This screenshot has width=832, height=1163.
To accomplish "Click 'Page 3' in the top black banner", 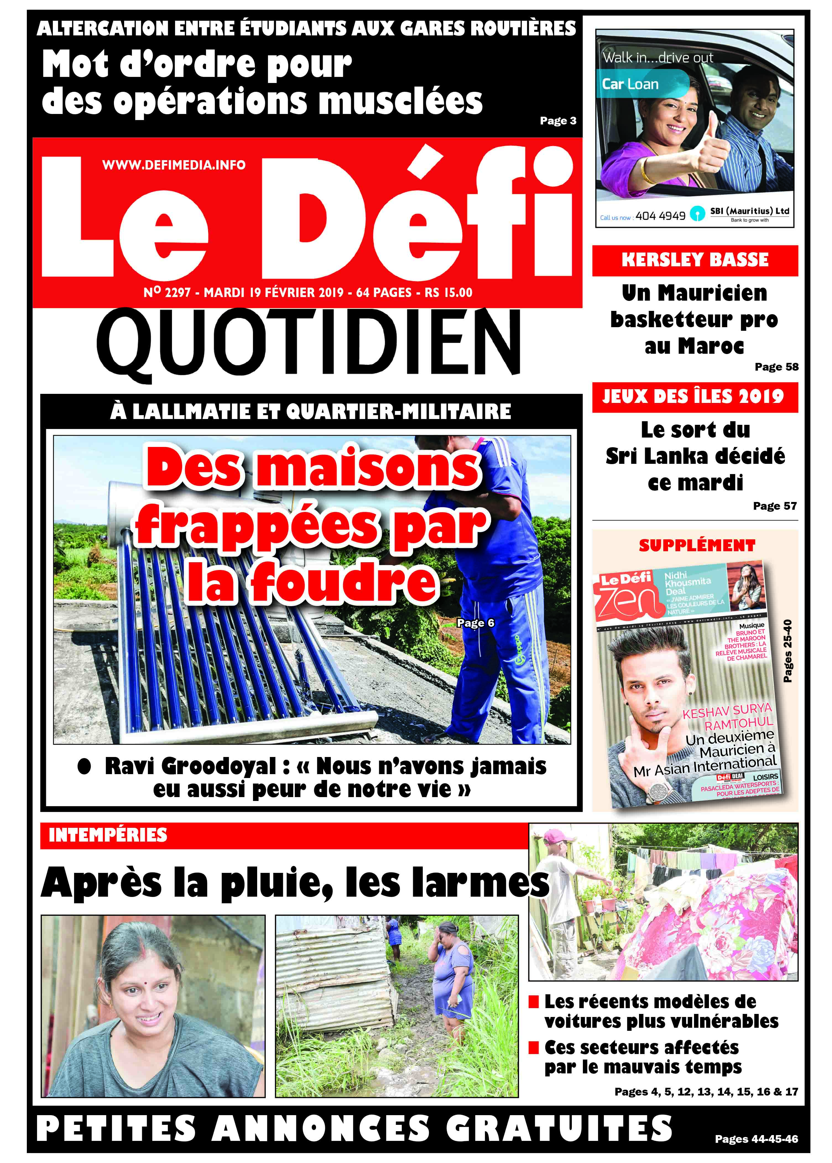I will point(558,121).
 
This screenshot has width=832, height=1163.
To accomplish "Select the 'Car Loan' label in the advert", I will point(630,84).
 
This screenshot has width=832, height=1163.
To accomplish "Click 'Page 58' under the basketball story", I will point(776,367).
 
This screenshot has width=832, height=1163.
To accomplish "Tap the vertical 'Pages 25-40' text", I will point(788,651).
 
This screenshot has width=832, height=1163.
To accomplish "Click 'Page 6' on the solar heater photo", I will point(475,623).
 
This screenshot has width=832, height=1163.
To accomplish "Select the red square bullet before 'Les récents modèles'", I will point(533,1001).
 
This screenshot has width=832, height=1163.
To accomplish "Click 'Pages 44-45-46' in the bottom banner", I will point(756,1139).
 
